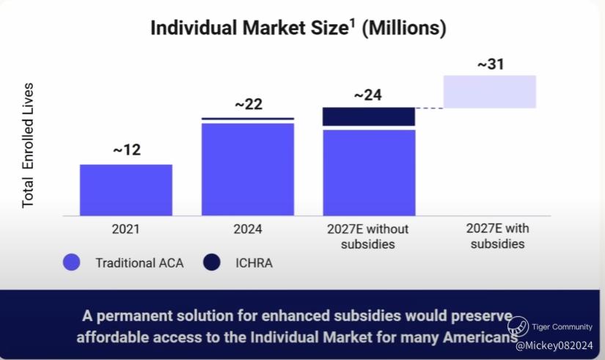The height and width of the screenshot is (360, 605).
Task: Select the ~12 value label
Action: tap(126, 150)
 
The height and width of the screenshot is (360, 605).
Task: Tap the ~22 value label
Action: tap(248, 104)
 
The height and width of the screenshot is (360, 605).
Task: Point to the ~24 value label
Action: tap(368, 95)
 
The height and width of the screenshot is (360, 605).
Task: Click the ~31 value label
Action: tap(491, 65)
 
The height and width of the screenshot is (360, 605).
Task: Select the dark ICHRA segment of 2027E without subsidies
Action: tap(369, 117)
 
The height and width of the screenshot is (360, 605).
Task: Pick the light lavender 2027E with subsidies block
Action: tap(490, 92)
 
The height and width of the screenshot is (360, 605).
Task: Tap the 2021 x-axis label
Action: tap(125, 229)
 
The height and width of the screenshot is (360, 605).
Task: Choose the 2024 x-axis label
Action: tap(248, 229)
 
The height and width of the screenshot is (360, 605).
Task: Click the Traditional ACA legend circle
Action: tap(71, 262)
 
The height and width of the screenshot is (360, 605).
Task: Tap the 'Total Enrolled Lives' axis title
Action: tap(29, 145)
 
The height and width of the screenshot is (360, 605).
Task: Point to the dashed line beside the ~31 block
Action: tap(429, 109)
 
